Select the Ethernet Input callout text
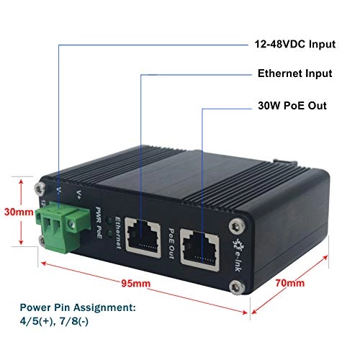(294, 73)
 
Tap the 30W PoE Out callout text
(292, 105)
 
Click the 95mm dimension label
(137, 283)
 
